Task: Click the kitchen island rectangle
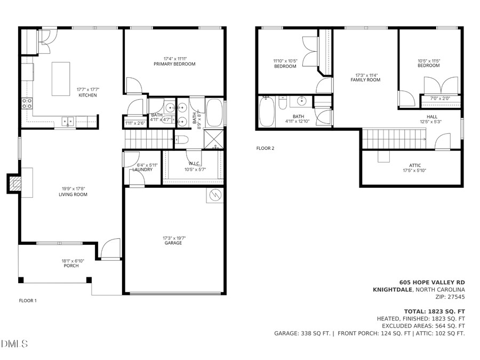[x=61, y=79]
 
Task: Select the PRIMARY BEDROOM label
[x=174, y=64]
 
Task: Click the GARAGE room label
[x=173, y=243]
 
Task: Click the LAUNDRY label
[x=142, y=170]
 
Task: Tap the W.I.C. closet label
[x=194, y=164]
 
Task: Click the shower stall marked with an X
[x=215, y=139]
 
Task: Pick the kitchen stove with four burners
[x=27, y=103]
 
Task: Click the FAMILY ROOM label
[x=365, y=80]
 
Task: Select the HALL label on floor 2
[x=431, y=117]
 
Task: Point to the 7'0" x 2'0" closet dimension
[x=440, y=99]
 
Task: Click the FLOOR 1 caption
[x=28, y=301]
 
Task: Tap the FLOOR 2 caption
[x=265, y=148]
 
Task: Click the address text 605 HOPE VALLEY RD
[x=432, y=283]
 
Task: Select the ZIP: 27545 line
[x=450, y=297]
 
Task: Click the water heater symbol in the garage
[x=215, y=195]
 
